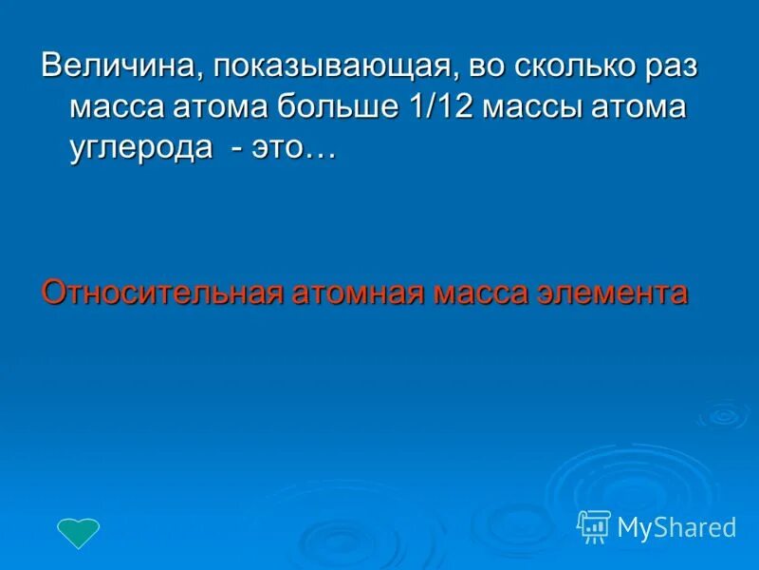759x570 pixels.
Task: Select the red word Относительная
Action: [x=161, y=292]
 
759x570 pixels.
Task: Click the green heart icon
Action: [x=79, y=532]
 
